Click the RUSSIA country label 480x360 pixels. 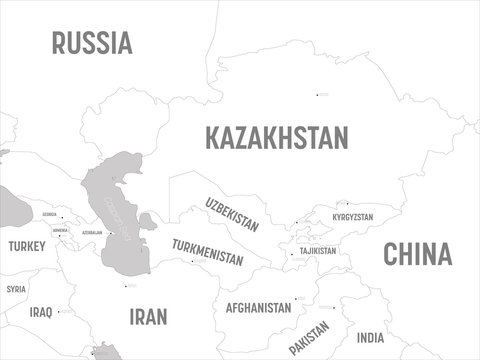click(x=92, y=43)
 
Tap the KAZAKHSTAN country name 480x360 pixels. click(x=276, y=137)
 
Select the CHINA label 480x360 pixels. click(x=418, y=253)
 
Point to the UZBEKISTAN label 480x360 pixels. click(x=231, y=214)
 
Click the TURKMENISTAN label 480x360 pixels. click(x=207, y=251)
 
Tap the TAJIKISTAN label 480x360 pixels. click(x=317, y=251)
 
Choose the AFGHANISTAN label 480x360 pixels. click(x=258, y=307)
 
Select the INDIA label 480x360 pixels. click(x=370, y=338)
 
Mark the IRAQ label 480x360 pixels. click(x=41, y=312)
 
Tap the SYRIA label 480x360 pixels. click(x=16, y=289)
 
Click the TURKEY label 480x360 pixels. click(x=26, y=246)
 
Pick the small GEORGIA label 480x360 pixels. click(x=49, y=214)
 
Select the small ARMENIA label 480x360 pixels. click(x=60, y=230)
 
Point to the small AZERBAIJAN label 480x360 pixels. click(x=92, y=232)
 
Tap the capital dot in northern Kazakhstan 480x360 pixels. click(x=318, y=95)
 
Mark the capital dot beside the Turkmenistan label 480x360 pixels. click(x=190, y=262)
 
